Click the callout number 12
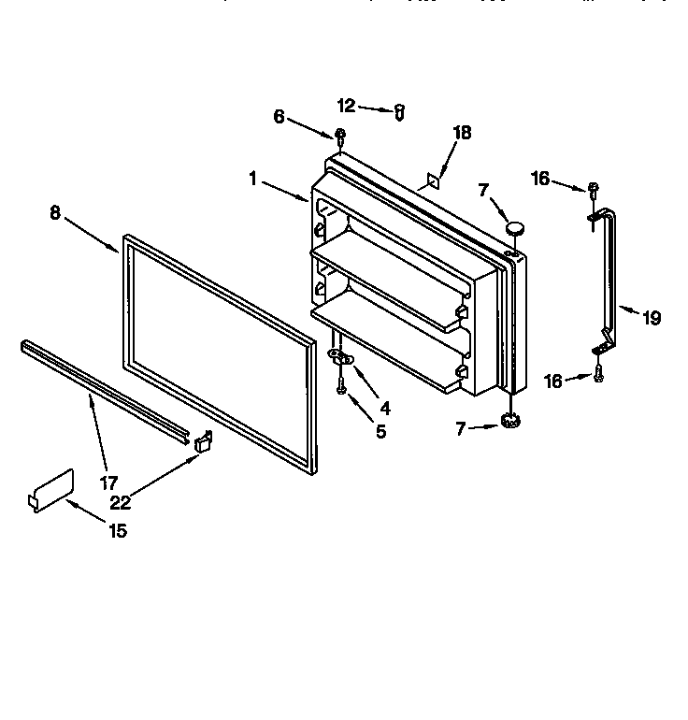coord(346,106)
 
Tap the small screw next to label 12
coord(399,112)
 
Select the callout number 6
coord(279,116)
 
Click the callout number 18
coord(462,133)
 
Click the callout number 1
coord(252,178)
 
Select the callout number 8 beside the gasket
coord(55,212)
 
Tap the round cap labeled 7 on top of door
coord(513,225)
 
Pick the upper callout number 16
coord(539,179)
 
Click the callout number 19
coord(651,318)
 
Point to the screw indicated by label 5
coord(342,382)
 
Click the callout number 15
coord(117,531)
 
